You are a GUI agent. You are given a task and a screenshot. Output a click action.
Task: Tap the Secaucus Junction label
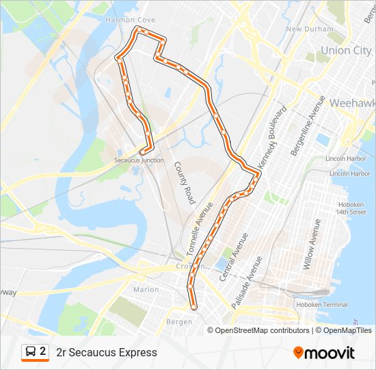139,160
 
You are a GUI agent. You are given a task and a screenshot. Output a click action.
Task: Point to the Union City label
346,50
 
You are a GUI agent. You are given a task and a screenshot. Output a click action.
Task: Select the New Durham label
310,29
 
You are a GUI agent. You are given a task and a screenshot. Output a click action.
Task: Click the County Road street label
184,183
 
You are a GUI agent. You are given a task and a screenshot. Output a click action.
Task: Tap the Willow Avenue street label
311,245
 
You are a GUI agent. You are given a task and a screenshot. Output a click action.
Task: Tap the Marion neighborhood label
146,289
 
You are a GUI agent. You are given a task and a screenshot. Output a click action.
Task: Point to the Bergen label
179,321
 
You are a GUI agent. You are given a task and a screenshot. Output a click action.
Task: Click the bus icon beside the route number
31,352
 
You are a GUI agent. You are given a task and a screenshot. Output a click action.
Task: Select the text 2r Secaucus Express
107,352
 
